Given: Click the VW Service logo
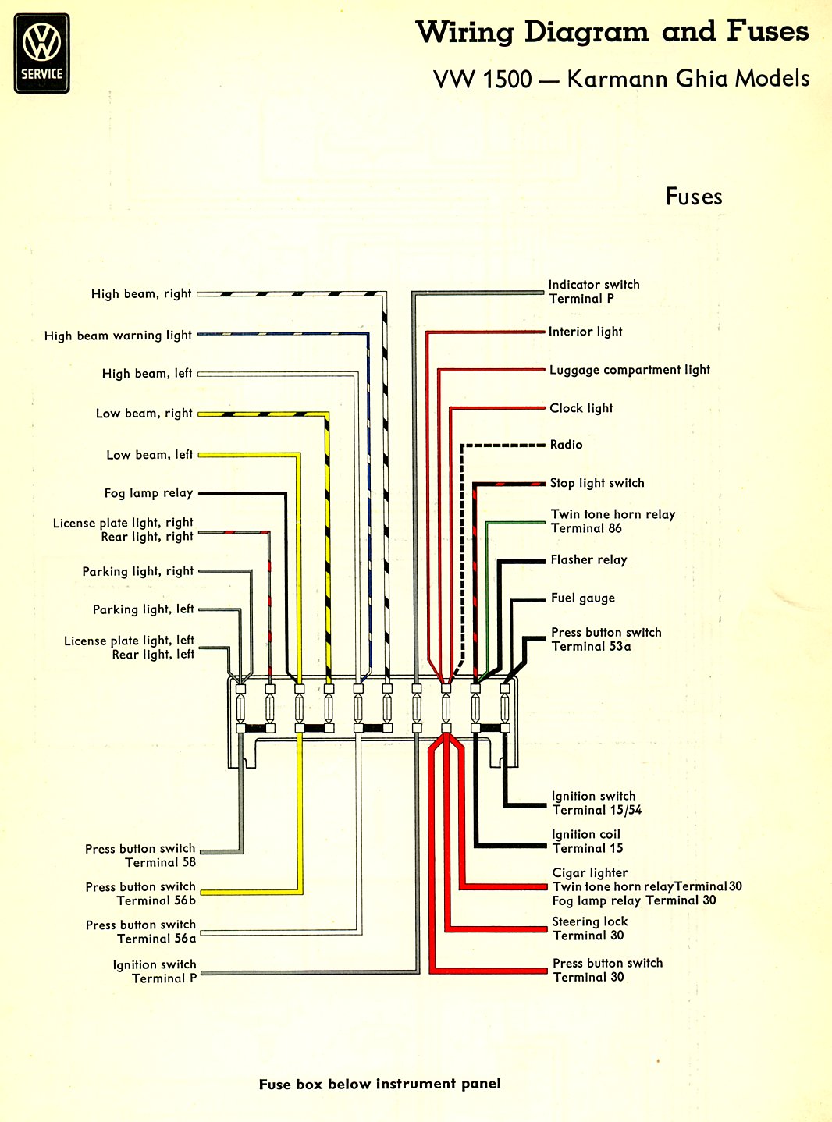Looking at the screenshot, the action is tap(42, 53).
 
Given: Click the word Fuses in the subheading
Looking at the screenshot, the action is tap(693, 197).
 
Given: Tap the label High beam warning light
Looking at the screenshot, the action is tap(118, 336).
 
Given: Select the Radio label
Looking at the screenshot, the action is tap(567, 444).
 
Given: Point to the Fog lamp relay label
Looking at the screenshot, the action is tap(148, 493).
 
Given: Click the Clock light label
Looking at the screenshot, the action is tap(581, 408).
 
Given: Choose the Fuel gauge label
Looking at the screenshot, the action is tap(583, 598).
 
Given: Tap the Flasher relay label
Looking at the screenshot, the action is tap(588, 560).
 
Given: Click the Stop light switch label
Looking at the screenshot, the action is tap(597, 483).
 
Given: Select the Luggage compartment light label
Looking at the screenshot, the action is tap(630, 370).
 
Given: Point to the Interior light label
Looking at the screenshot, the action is tap(585, 332).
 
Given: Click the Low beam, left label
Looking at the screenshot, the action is tap(149, 455).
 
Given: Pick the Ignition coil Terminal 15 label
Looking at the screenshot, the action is tap(587, 841).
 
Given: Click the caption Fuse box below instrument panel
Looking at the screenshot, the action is tap(379, 1084).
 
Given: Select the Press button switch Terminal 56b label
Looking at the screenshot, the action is tap(140, 893).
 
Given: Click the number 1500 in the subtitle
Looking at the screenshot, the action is tap(507, 80).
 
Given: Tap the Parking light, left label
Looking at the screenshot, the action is tap(144, 609).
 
